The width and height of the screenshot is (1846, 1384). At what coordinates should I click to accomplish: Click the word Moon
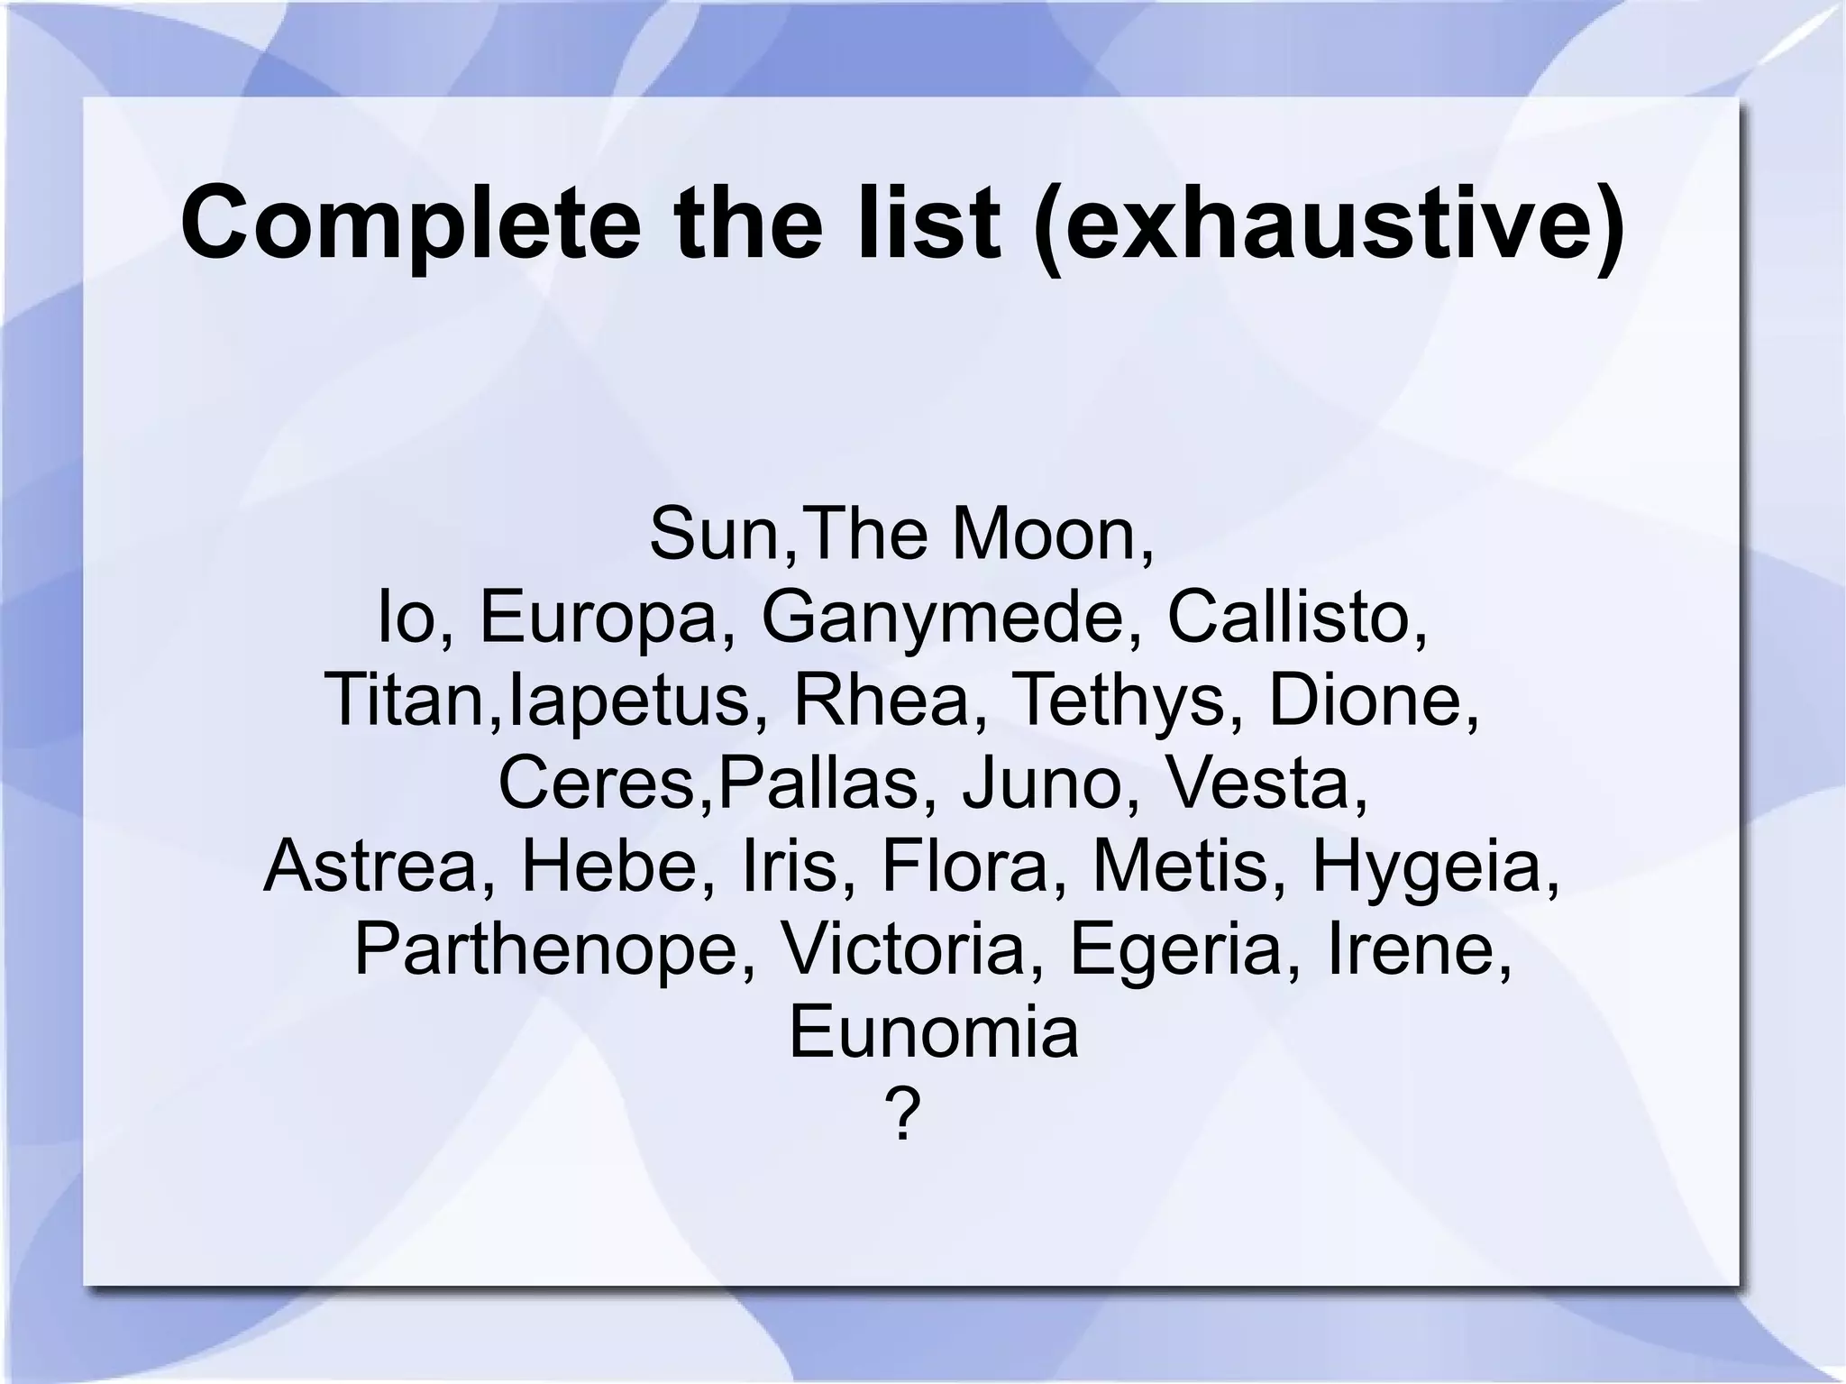click(x=1051, y=534)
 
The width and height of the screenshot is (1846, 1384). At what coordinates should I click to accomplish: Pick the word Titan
click(x=407, y=701)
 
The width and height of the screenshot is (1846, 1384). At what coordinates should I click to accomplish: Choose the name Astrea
click(x=370, y=866)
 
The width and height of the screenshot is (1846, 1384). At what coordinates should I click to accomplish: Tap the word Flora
click(x=964, y=866)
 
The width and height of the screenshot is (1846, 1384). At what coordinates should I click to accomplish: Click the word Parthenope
click(x=545, y=949)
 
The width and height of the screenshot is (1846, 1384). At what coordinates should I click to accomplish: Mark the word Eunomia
click(x=933, y=1031)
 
